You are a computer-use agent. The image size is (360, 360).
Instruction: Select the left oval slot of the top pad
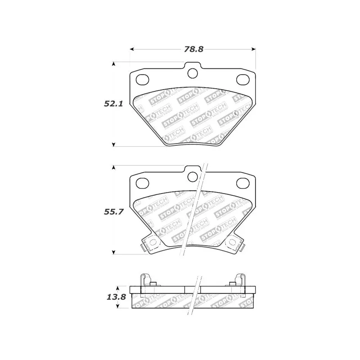[x=142, y=80]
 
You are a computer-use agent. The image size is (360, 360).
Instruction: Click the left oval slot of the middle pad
[x=142, y=183]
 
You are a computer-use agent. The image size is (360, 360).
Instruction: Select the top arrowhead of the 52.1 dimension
[x=113, y=64]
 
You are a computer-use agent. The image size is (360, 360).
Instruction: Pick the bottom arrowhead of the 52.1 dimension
[x=113, y=144]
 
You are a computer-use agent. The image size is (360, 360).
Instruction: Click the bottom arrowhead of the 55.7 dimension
[x=113, y=252]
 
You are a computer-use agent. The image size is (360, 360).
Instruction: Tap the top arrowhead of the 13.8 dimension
[x=117, y=288]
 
